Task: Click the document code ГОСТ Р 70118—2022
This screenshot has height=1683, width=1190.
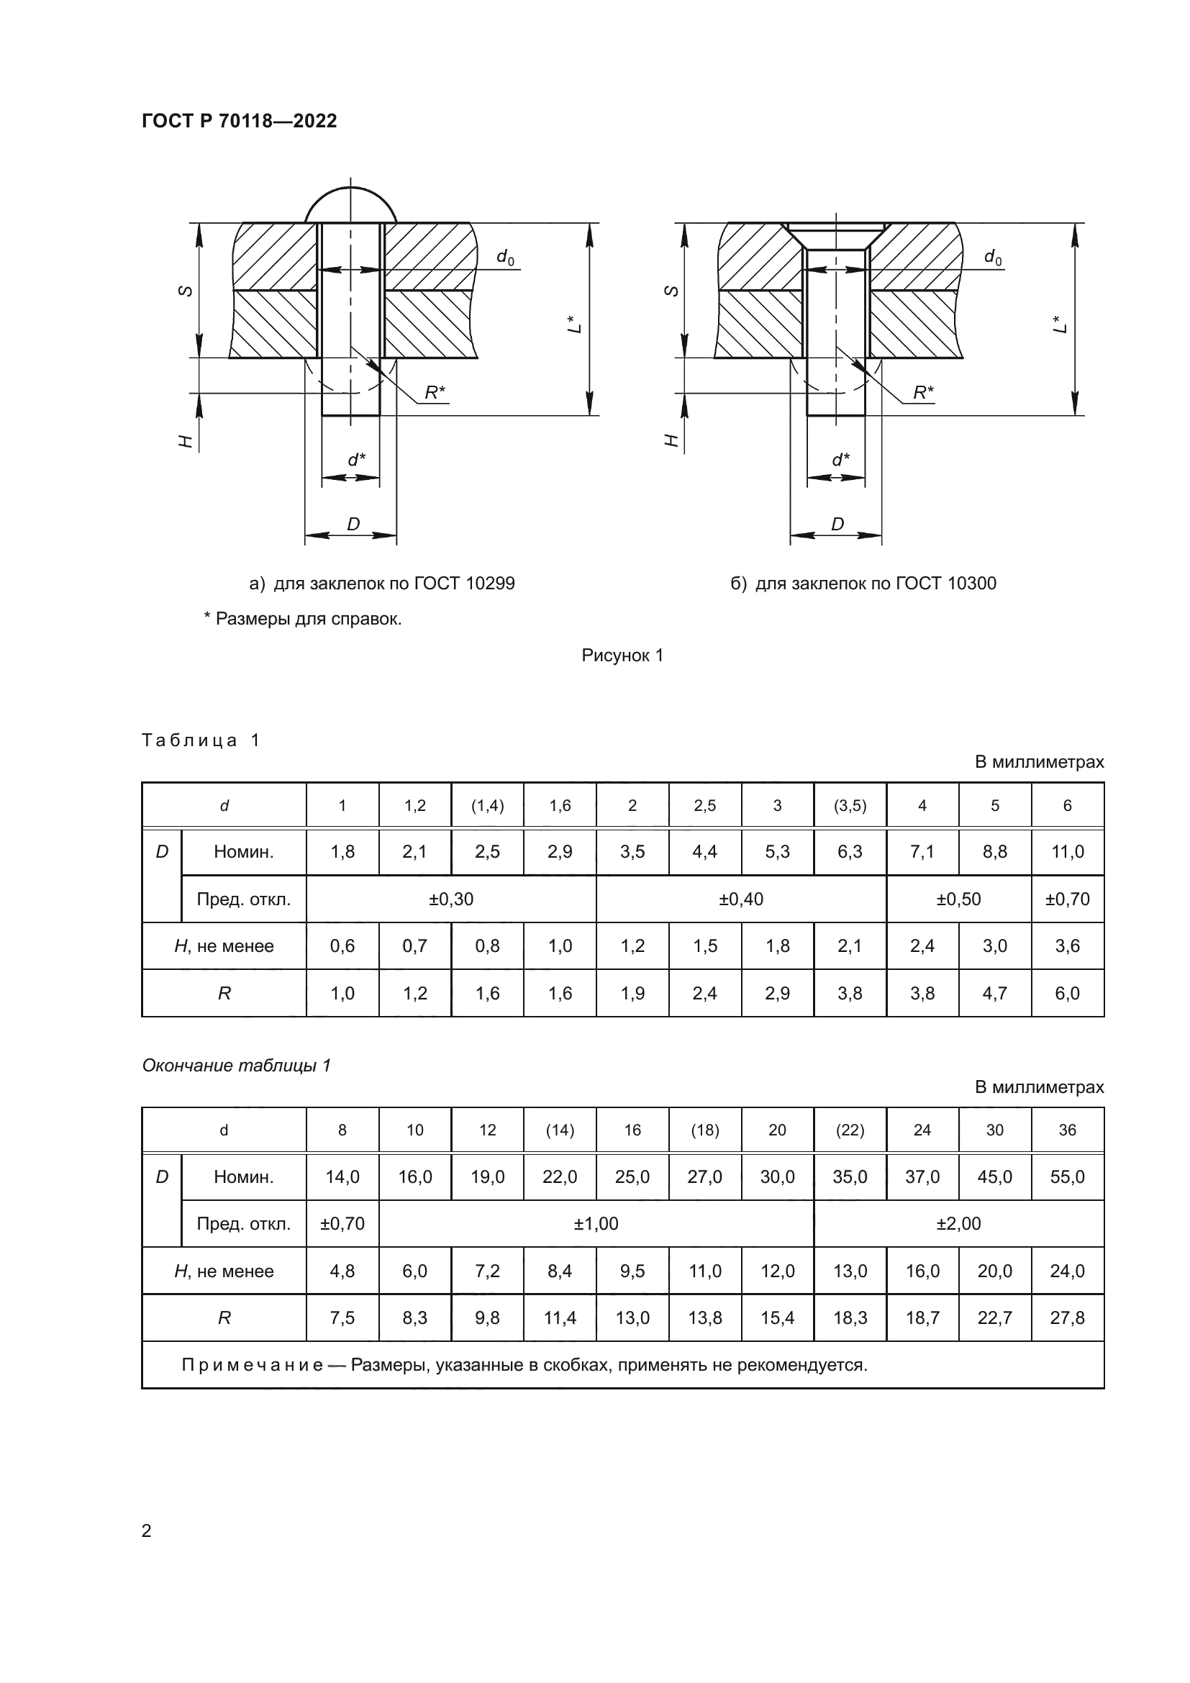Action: (239, 121)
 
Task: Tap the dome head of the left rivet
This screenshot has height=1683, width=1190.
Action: (350, 207)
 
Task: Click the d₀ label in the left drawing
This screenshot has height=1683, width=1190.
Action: (505, 257)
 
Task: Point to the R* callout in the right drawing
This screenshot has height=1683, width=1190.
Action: (922, 393)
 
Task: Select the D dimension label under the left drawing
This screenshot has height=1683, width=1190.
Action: (353, 524)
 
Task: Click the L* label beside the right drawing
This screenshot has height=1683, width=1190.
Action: (1060, 324)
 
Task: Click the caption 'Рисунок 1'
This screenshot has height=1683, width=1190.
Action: (622, 655)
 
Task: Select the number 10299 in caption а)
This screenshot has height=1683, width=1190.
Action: (489, 584)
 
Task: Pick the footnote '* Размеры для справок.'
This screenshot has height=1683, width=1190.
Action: (303, 619)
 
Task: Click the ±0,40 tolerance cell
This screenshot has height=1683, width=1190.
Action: (741, 899)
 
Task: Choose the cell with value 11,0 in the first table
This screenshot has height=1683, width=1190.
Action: (1067, 852)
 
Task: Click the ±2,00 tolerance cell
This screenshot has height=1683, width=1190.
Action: (958, 1223)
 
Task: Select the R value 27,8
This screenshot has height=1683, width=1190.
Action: (1067, 1318)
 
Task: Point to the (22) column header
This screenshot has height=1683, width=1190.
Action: (849, 1130)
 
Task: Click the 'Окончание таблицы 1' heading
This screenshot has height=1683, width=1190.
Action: (237, 1065)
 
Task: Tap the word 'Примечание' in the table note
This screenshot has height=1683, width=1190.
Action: (252, 1365)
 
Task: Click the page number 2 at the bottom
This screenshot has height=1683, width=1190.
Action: (147, 1530)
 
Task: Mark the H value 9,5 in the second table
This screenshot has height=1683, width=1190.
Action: (632, 1271)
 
